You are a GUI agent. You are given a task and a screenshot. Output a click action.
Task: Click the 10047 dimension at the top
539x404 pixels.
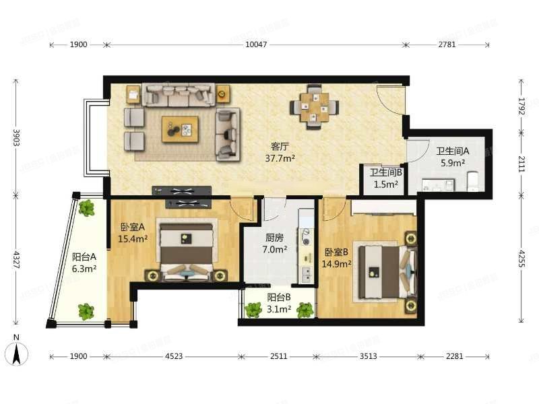[256, 44]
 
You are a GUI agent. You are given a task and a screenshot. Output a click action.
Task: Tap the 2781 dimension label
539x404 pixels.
[447, 44]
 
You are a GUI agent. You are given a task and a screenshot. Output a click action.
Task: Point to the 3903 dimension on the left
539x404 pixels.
[16, 137]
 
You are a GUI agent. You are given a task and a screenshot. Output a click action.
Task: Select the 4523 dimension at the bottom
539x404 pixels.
[174, 356]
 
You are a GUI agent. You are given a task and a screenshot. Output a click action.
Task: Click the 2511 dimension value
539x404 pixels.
[278, 356]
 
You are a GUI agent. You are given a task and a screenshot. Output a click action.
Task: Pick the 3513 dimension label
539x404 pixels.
[368, 356]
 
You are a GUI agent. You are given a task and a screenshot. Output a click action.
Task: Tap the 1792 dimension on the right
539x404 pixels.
[521, 106]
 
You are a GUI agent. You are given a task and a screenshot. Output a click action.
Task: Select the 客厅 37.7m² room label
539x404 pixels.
[280, 152]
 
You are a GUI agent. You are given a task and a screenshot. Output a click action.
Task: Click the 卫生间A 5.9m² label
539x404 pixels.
[453, 157]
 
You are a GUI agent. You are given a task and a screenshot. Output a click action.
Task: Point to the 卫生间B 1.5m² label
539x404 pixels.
[385, 178]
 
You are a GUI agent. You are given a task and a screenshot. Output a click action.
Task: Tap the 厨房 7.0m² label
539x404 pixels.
[275, 243]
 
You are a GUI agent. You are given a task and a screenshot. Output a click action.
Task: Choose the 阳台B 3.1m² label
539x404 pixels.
[279, 302]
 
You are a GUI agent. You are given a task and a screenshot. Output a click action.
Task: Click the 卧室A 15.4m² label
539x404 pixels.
[133, 232]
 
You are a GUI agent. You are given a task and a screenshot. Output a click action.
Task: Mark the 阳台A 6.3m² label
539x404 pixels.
[84, 263]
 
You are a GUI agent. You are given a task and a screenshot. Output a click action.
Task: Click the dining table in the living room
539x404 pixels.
[314, 107]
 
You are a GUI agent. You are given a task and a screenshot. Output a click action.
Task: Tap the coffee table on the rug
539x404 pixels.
[180, 129]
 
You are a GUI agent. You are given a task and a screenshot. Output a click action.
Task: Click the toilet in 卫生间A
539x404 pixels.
[473, 181]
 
